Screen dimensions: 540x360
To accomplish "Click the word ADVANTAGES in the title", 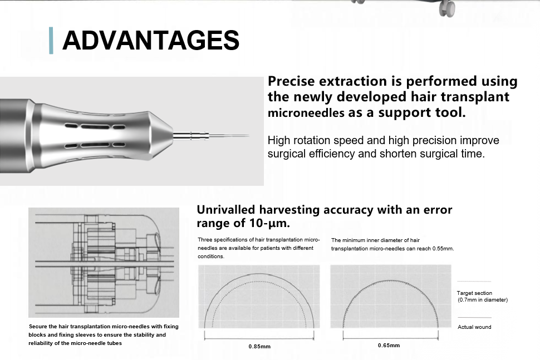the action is pos(150,40).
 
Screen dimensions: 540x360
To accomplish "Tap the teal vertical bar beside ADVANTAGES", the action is pos(51,40).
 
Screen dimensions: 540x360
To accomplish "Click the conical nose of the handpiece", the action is pos(160,135).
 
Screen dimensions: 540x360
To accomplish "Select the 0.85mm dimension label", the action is pos(259,347).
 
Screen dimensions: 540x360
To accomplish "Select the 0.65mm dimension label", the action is pos(389,345).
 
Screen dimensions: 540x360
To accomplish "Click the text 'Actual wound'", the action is pos(474,327).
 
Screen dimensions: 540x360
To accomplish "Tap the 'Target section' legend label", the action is pos(474,293).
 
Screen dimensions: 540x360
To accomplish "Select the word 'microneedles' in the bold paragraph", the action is pos(306,112).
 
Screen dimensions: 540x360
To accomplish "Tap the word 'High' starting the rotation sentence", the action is pos(278,140).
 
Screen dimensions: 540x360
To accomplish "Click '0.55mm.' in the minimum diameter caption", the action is pos(443,249).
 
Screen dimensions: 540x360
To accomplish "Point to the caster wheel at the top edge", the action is pos(447,8).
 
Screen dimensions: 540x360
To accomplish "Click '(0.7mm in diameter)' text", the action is pos(483,300).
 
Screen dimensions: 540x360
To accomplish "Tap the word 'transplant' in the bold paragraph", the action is pos(475,97).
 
